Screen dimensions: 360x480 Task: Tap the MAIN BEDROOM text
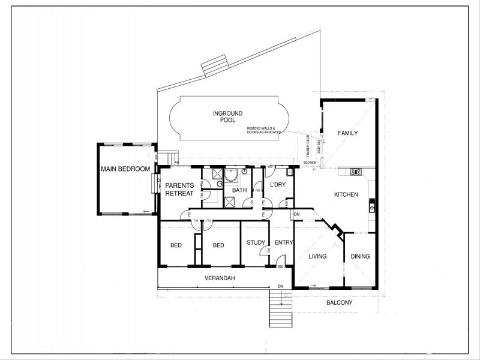125,169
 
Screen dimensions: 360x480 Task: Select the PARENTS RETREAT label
179,189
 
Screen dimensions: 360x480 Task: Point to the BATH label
239,190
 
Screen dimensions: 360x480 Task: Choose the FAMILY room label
347,133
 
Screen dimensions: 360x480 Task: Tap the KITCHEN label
346,194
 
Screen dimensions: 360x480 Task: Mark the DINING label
360,256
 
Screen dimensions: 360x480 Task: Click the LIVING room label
317,256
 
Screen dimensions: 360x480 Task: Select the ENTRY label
283,242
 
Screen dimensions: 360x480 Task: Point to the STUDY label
256,242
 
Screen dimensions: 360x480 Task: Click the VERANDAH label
220,278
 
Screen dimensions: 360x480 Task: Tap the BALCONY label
339,302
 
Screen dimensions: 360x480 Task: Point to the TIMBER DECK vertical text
308,145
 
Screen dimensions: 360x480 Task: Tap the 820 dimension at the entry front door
281,266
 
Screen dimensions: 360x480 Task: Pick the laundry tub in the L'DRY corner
289,173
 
